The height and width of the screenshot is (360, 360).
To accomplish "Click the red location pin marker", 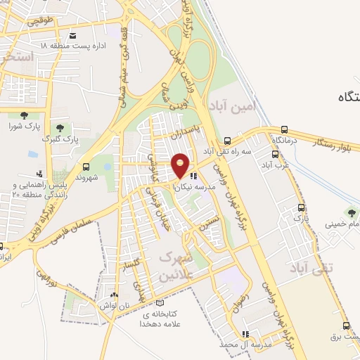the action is coord(181,166).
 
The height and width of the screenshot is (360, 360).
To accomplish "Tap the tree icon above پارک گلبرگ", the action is coord(59,128).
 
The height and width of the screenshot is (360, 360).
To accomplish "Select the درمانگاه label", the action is coord(284,141).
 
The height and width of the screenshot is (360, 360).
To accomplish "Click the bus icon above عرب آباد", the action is coord(275,153).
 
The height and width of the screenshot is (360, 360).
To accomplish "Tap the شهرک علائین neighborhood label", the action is coord(176,266).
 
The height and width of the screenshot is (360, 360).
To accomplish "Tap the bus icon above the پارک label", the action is coord(302,208).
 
